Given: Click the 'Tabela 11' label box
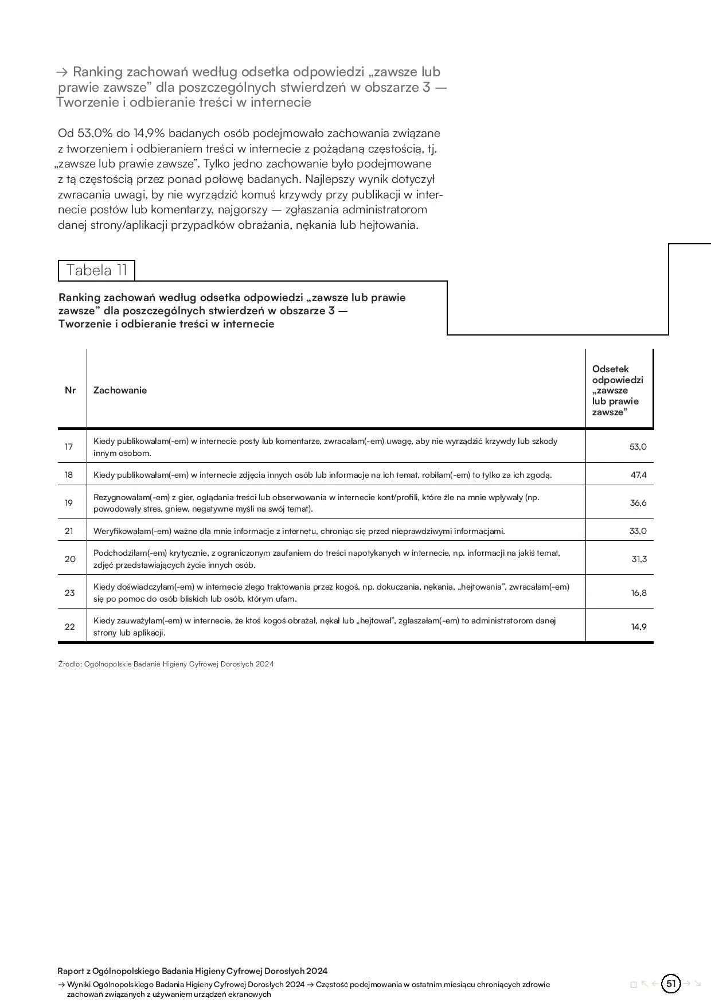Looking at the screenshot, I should click(x=96, y=270).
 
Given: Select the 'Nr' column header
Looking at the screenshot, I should click(x=71, y=390).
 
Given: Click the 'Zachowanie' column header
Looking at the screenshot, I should click(x=120, y=390).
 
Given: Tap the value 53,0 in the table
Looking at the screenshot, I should click(x=638, y=447).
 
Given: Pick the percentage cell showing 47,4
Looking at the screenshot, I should click(x=638, y=475).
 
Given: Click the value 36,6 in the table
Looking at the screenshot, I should click(x=638, y=503).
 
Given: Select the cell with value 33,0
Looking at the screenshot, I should click(x=638, y=531).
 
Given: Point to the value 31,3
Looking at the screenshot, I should click(x=639, y=559).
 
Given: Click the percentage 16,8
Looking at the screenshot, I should click(x=639, y=593).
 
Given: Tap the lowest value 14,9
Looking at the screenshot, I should click(x=639, y=627).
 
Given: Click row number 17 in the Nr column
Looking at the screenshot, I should click(x=69, y=447).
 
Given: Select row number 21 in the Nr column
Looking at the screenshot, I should click(x=69, y=531).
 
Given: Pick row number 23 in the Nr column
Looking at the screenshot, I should click(x=69, y=593).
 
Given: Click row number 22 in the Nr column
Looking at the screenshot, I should click(x=69, y=627).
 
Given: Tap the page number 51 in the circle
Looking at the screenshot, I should click(x=671, y=984).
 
